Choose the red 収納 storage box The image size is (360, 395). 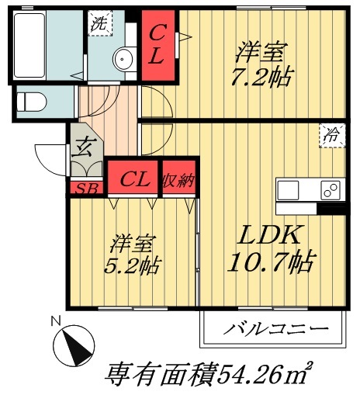178,179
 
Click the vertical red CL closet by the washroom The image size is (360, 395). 157,46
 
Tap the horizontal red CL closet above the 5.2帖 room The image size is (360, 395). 133,179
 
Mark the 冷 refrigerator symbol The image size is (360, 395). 331,135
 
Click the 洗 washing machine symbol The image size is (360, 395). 99,23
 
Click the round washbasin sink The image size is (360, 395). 123,59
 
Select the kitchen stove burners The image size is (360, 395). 330,189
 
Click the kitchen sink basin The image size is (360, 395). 289,189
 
